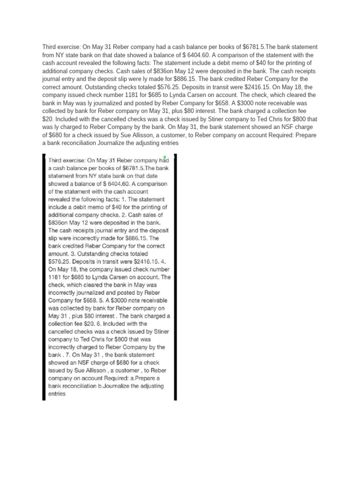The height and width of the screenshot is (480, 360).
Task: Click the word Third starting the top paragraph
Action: [x=51, y=47]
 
